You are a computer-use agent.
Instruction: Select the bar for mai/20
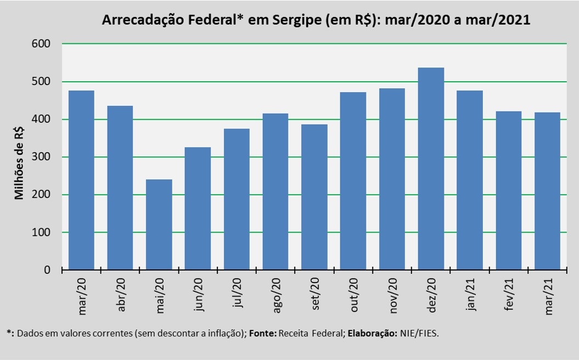(x=159, y=224)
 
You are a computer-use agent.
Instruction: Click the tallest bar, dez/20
(x=431, y=168)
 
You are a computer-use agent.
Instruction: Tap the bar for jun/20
(x=198, y=209)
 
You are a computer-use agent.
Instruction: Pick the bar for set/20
(x=314, y=197)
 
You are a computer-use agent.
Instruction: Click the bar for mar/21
(x=547, y=192)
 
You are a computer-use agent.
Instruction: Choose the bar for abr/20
(x=120, y=188)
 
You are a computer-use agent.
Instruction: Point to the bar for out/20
(x=353, y=181)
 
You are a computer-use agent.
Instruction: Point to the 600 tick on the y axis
(x=41, y=43)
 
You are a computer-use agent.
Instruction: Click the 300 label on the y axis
(x=41, y=157)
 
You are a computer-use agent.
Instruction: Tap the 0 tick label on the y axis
(x=47, y=270)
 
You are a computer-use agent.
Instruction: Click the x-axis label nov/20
(x=392, y=296)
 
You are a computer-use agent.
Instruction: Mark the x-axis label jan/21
(x=470, y=294)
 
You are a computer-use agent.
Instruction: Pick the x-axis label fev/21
(x=509, y=294)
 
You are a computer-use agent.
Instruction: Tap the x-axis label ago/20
(x=276, y=295)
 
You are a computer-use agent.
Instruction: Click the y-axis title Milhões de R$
(x=19, y=163)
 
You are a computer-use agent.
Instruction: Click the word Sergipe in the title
(x=297, y=20)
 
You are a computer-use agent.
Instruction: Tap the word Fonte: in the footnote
(x=262, y=334)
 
